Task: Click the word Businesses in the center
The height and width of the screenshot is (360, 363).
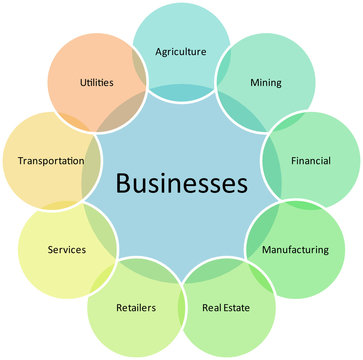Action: click(x=181, y=184)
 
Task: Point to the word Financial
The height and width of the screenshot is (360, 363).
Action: click(x=311, y=160)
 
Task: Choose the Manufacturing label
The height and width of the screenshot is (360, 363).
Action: click(x=294, y=249)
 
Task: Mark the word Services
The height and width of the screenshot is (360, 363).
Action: click(x=66, y=249)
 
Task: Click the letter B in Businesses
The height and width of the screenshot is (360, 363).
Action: click(x=123, y=184)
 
